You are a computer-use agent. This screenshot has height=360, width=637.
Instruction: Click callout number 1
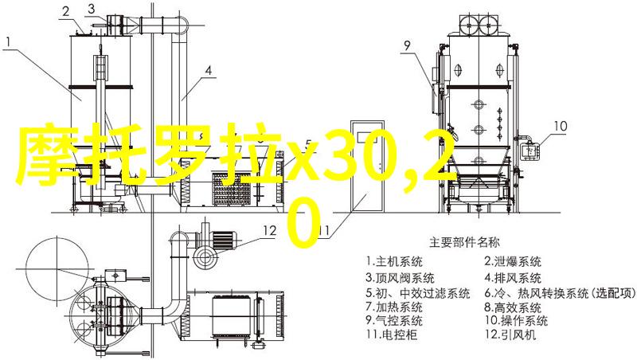[x=9, y=41]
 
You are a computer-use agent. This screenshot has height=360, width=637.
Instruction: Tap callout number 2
[x=66, y=12]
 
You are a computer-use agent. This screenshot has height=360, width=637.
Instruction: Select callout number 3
[x=92, y=9]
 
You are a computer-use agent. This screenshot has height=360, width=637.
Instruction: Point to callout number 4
[x=208, y=71]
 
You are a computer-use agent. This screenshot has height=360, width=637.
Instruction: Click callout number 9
[x=407, y=45]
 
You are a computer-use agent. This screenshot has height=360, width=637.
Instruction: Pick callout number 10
[x=561, y=126]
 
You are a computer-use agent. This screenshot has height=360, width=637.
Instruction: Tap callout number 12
[x=269, y=231]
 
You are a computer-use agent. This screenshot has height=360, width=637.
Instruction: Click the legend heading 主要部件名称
[x=464, y=243]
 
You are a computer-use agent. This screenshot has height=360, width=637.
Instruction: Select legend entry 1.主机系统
[x=394, y=262]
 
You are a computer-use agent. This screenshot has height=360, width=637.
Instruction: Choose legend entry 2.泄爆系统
[x=513, y=262]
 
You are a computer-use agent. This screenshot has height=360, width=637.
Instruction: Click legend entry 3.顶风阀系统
[x=401, y=278]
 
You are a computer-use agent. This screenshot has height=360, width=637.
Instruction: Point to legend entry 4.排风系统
[x=513, y=278]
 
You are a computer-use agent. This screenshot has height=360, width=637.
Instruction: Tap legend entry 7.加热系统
[x=394, y=307]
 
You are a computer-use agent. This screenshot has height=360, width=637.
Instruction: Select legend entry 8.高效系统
[x=513, y=307]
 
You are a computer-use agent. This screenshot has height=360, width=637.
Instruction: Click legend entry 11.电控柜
[x=391, y=335]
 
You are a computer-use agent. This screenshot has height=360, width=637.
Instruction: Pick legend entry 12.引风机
[x=510, y=335]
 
